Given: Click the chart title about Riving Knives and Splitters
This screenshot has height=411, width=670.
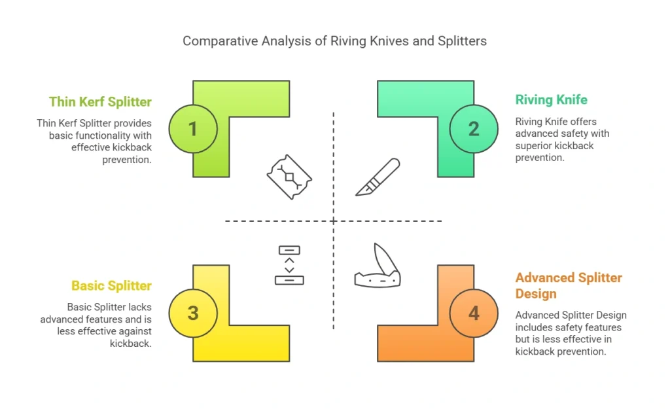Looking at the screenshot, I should tap(334, 41).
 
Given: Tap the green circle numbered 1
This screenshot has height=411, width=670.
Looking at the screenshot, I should tap(193, 129).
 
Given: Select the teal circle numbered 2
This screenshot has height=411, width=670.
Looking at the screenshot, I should tap(474, 129).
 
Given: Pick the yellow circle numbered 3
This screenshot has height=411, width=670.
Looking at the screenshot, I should tap(193, 313).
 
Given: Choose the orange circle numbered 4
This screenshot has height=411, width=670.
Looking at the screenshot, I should tap(474, 313).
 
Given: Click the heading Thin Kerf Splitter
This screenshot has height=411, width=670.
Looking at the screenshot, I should tap(100, 101).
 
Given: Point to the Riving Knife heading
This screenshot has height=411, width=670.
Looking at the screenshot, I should tap(551, 100).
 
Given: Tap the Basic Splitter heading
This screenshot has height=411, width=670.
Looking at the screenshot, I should tap(111, 286).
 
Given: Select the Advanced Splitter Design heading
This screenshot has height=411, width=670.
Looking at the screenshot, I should tap(568, 285).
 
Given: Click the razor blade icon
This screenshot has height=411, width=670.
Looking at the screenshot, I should tap(289, 177).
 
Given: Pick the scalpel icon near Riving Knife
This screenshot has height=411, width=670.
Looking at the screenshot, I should tap(378, 177).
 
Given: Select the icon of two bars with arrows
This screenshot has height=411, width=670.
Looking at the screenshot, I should tap(289, 265).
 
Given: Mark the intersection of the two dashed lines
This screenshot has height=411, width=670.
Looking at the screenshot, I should tap(334, 221).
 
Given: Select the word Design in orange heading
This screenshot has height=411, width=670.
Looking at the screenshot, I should tap(535, 293).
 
